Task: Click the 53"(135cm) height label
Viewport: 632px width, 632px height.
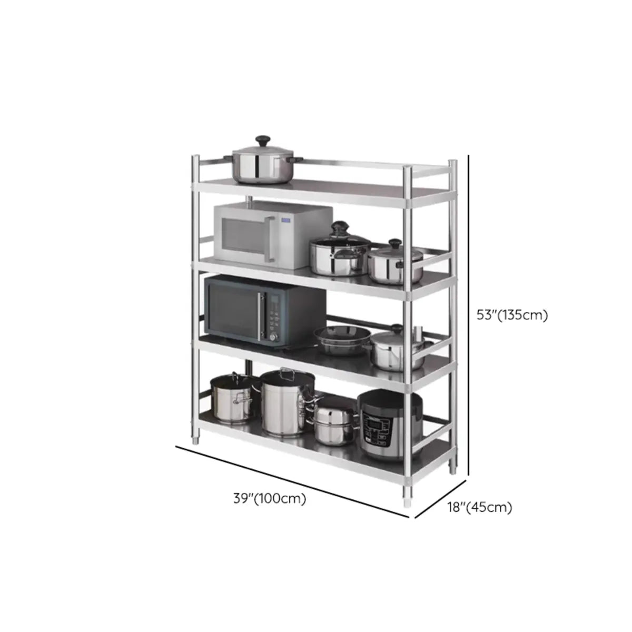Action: pyautogui.click(x=512, y=315)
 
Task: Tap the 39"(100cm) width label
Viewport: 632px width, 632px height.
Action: pyautogui.click(x=269, y=498)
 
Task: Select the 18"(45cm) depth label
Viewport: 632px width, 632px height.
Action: pyautogui.click(x=479, y=507)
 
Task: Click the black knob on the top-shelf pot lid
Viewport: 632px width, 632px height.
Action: pyautogui.click(x=262, y=141)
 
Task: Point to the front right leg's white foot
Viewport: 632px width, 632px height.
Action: pyautogui.click(x=408, y=500)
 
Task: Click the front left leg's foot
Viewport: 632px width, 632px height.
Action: pyautogui.click(x=195, y=440)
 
